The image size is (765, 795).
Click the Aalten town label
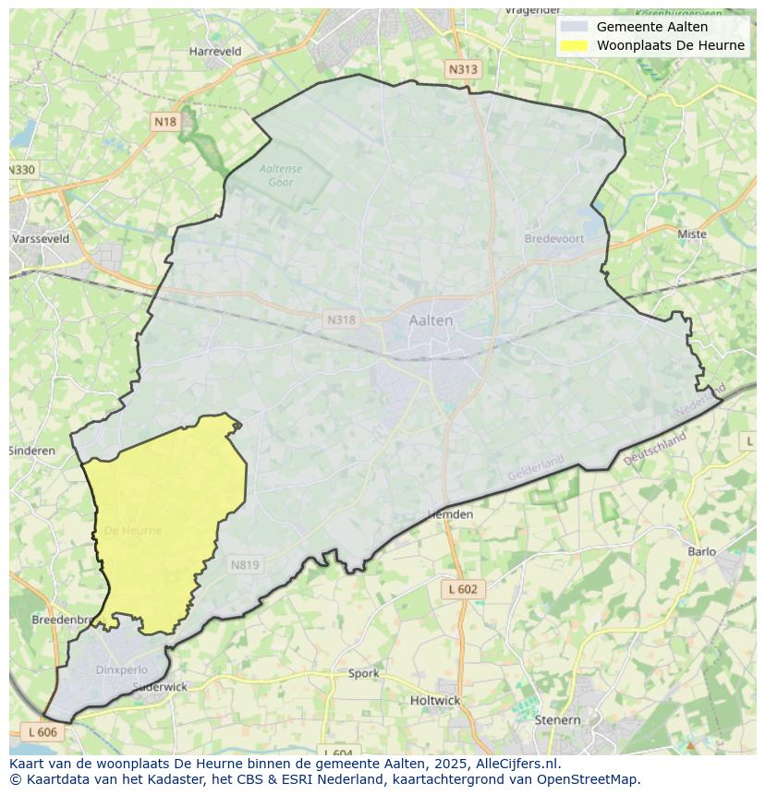pyautogui.click(x=431, y=320)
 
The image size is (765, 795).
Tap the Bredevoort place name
pyautogui.click(x=554, y=238)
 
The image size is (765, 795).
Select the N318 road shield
pyautogui.click(x=340, y=319)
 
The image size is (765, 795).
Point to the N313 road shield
pyautogui.click(x=464, y=69)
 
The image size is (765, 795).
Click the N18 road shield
pyautogui.click(x=165, y=122)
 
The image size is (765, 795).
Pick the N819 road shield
pyautogui.click(x=245, y=565)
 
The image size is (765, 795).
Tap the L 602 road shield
pyautogui.click(x=462, y=589)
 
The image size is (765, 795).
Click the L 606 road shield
pyautogui.click(x=42, y=731)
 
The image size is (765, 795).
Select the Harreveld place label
pyautogui.click(x=215, y=52)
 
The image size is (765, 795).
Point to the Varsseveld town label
pyautogui.click(x=41, y=238)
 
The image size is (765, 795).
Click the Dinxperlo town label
pyautogui.click(x=122, y=669)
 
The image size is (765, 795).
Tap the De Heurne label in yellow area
pyautogui.click(x=132, y=531)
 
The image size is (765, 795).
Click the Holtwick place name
pyautogui.click(x=435, y=700)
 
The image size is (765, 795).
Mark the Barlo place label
pyautogui.click(x=702, y=552)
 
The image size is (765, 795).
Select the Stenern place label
pyautogui.click(x=558, y=719)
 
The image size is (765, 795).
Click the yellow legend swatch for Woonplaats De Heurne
pyautogui.click(x=574, y=45)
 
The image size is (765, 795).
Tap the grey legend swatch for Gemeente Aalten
pyautogui.click(x=574, y=27)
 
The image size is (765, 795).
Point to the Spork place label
pyautogui.click(x=364, y=673)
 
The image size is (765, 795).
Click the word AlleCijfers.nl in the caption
pyautogui.click(x=518, y=764)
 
